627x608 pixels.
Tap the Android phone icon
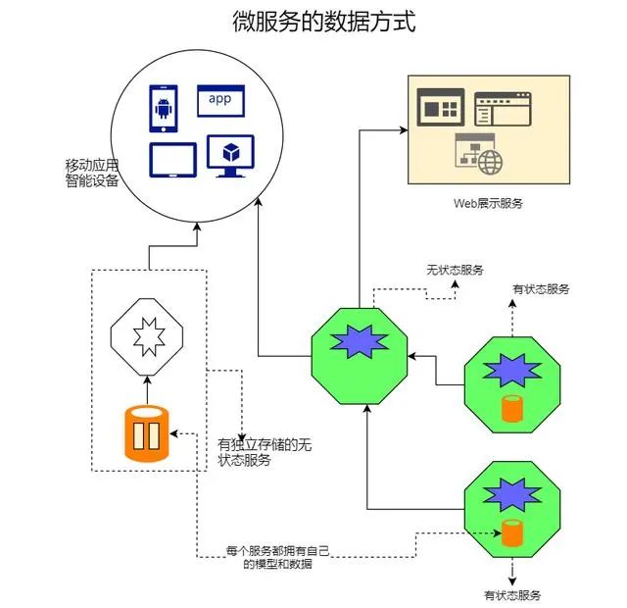163,107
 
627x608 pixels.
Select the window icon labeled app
221,99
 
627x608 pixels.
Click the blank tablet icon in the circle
167,160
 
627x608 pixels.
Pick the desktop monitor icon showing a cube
230,157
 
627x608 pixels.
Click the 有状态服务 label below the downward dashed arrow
511,595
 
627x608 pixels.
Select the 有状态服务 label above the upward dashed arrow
541,289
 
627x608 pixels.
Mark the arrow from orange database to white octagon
145,389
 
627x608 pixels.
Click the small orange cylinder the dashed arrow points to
510,533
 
